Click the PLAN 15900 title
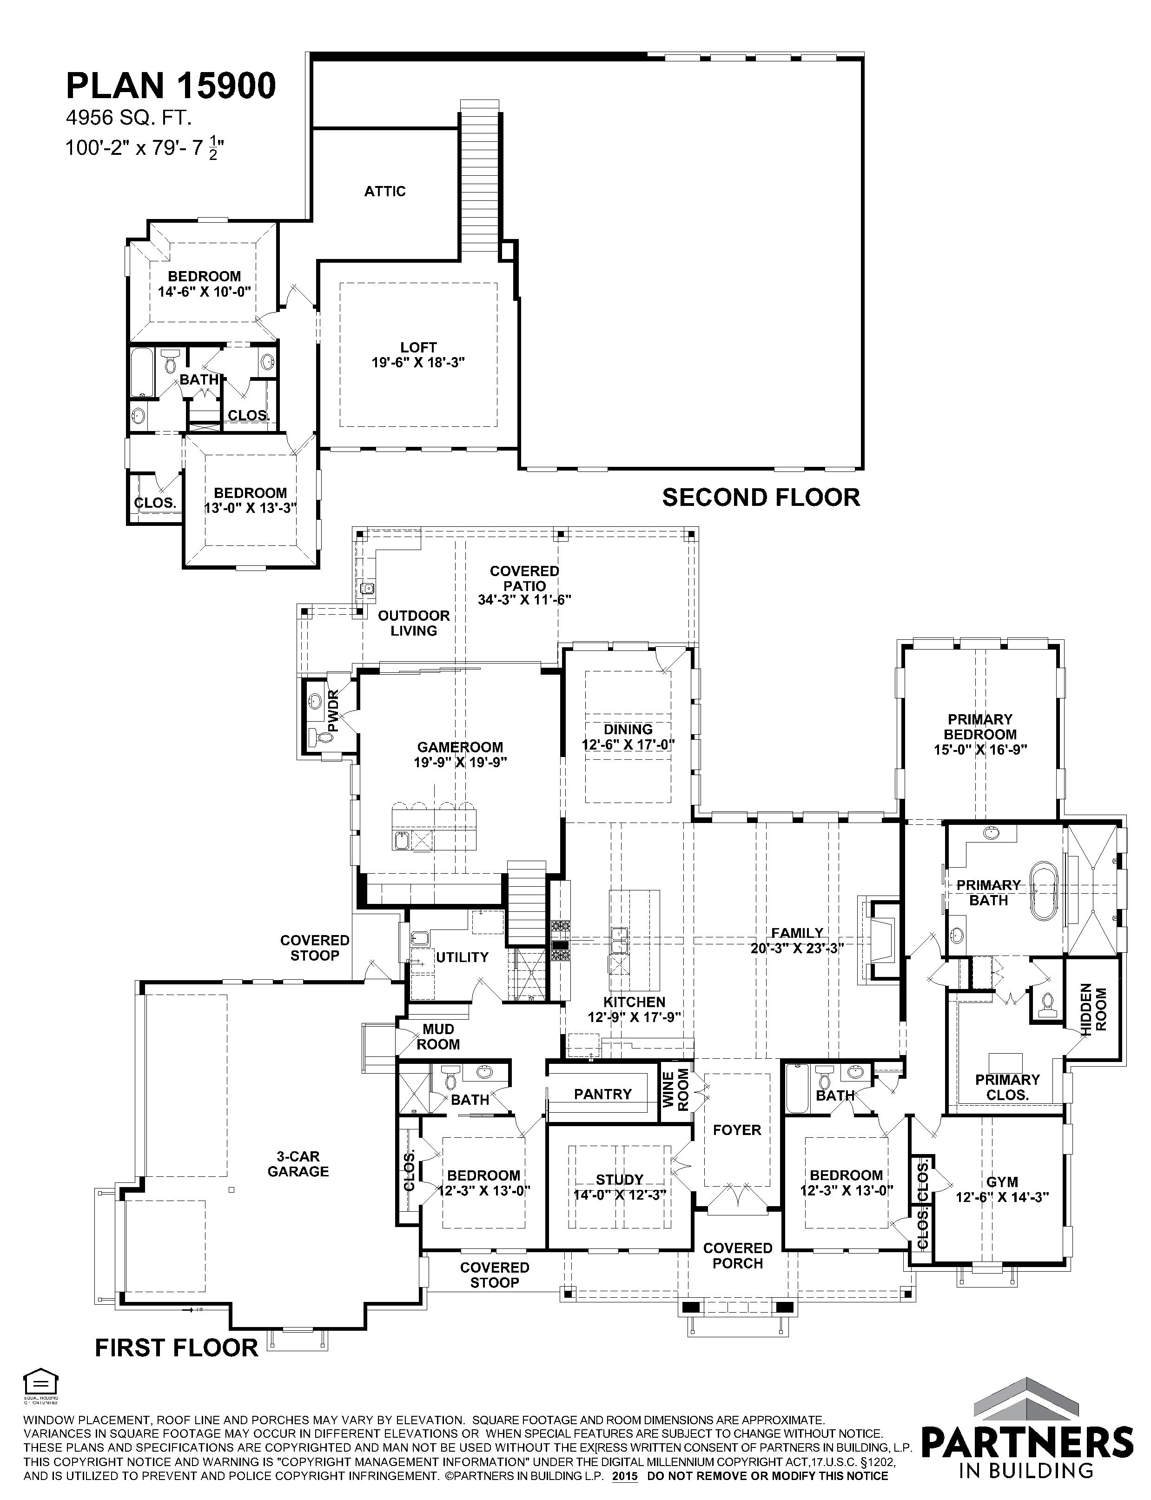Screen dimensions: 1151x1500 (171, 86)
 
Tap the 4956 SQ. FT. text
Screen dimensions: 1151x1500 (128, 119)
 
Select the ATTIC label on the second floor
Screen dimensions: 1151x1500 (385, 191)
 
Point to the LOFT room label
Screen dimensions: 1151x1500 (418, 347)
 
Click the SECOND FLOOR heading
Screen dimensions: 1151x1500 (761, 498)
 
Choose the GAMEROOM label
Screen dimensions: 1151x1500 (460, 747)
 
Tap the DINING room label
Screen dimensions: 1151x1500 (628, 729)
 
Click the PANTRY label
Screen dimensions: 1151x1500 (603, 1095)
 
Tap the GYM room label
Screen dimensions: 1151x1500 (1002, 1182)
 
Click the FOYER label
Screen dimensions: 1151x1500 (737, 1130)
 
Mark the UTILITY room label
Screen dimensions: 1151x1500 (463, 957)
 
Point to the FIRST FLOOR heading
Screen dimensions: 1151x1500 (177, 1348)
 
